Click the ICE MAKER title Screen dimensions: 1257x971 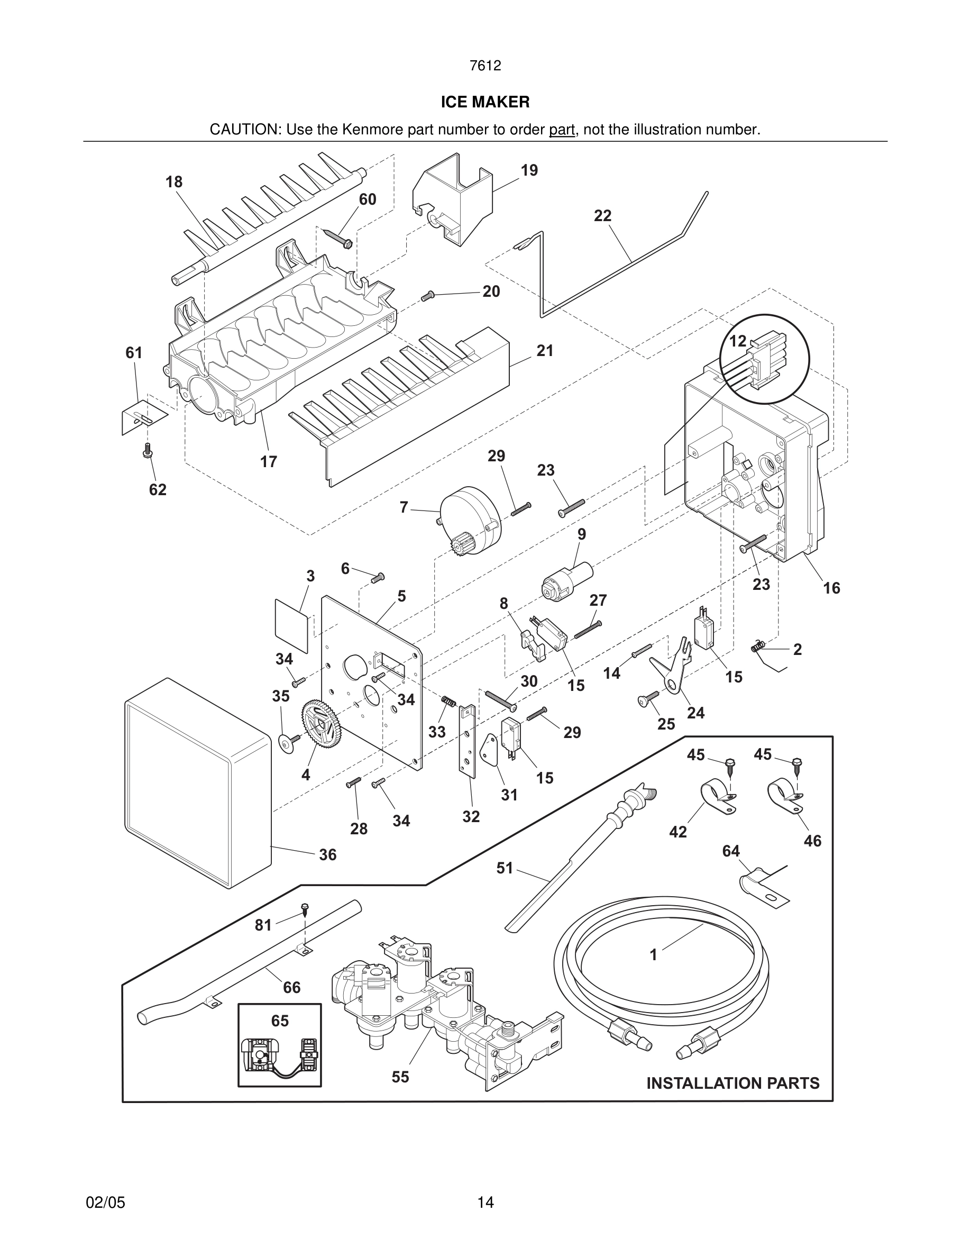click(485, 102)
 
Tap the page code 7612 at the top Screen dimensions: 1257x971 click(485, 66)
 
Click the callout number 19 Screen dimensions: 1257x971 click(529, 170)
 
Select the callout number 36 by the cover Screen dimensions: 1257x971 click(327, 855)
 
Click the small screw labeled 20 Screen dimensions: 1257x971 click(427, 296)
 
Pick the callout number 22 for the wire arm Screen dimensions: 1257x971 click(602, 216)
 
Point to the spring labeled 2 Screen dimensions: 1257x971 click(759, 648)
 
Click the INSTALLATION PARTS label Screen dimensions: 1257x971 click(732, 1083)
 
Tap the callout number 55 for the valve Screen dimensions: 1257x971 click(400, 1077)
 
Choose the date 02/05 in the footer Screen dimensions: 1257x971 click(105, 1203)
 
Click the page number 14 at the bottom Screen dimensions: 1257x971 click(485, 1203)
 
